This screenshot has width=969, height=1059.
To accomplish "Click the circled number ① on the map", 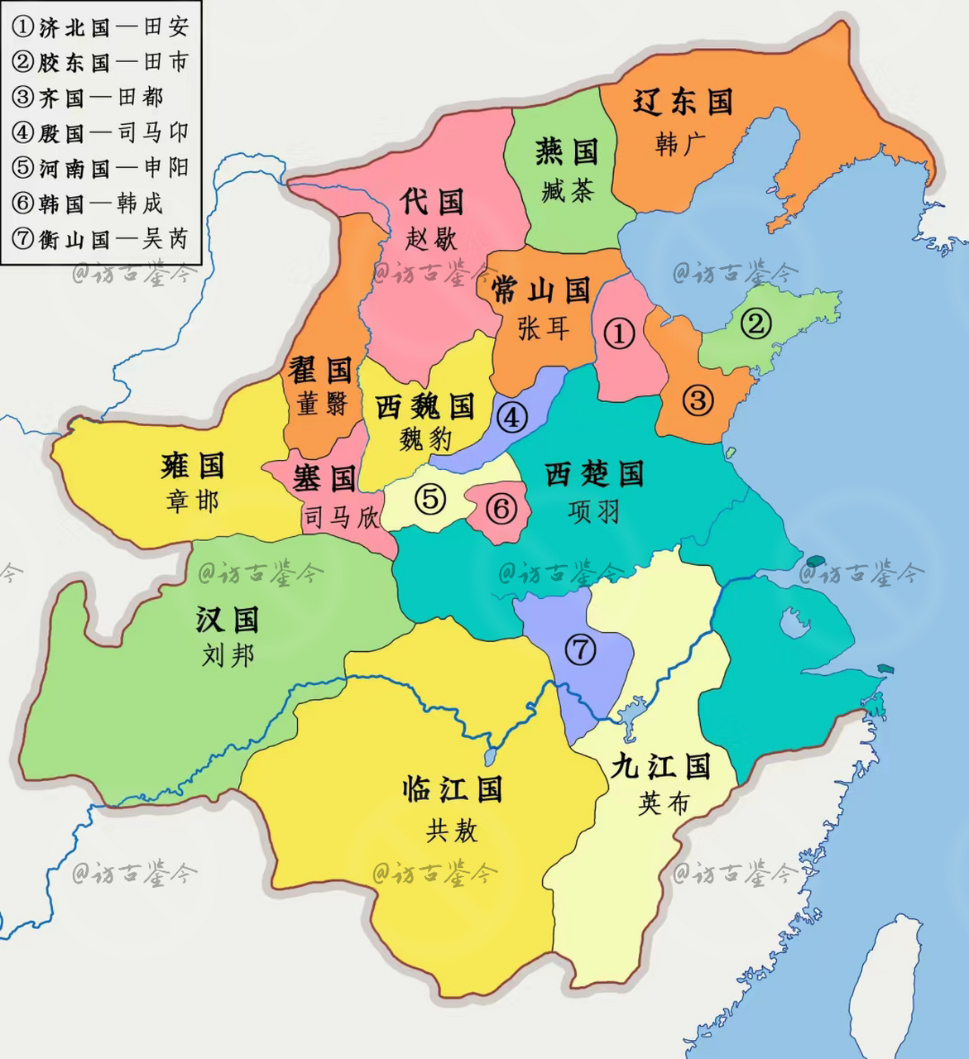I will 619,333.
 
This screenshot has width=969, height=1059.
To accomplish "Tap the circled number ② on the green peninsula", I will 756,323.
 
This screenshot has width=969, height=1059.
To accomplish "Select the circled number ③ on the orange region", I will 698,400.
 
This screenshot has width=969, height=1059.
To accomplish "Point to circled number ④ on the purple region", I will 512,417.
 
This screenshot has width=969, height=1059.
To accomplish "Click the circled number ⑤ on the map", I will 429,499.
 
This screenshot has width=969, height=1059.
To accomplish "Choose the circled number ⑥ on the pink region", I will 501,508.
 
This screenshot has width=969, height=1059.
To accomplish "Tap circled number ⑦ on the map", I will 580,649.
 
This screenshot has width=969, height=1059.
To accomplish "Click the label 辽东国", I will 684,103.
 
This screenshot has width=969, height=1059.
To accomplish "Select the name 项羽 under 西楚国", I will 593,512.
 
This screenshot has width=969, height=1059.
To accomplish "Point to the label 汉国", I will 228,619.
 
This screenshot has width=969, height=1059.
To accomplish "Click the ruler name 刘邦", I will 228,656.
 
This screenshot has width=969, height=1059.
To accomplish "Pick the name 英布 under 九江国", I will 663,803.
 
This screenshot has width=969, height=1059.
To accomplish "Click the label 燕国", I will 566,151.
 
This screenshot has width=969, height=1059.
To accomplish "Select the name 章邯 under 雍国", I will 192,501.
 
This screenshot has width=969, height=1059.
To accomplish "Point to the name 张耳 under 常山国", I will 543,328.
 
